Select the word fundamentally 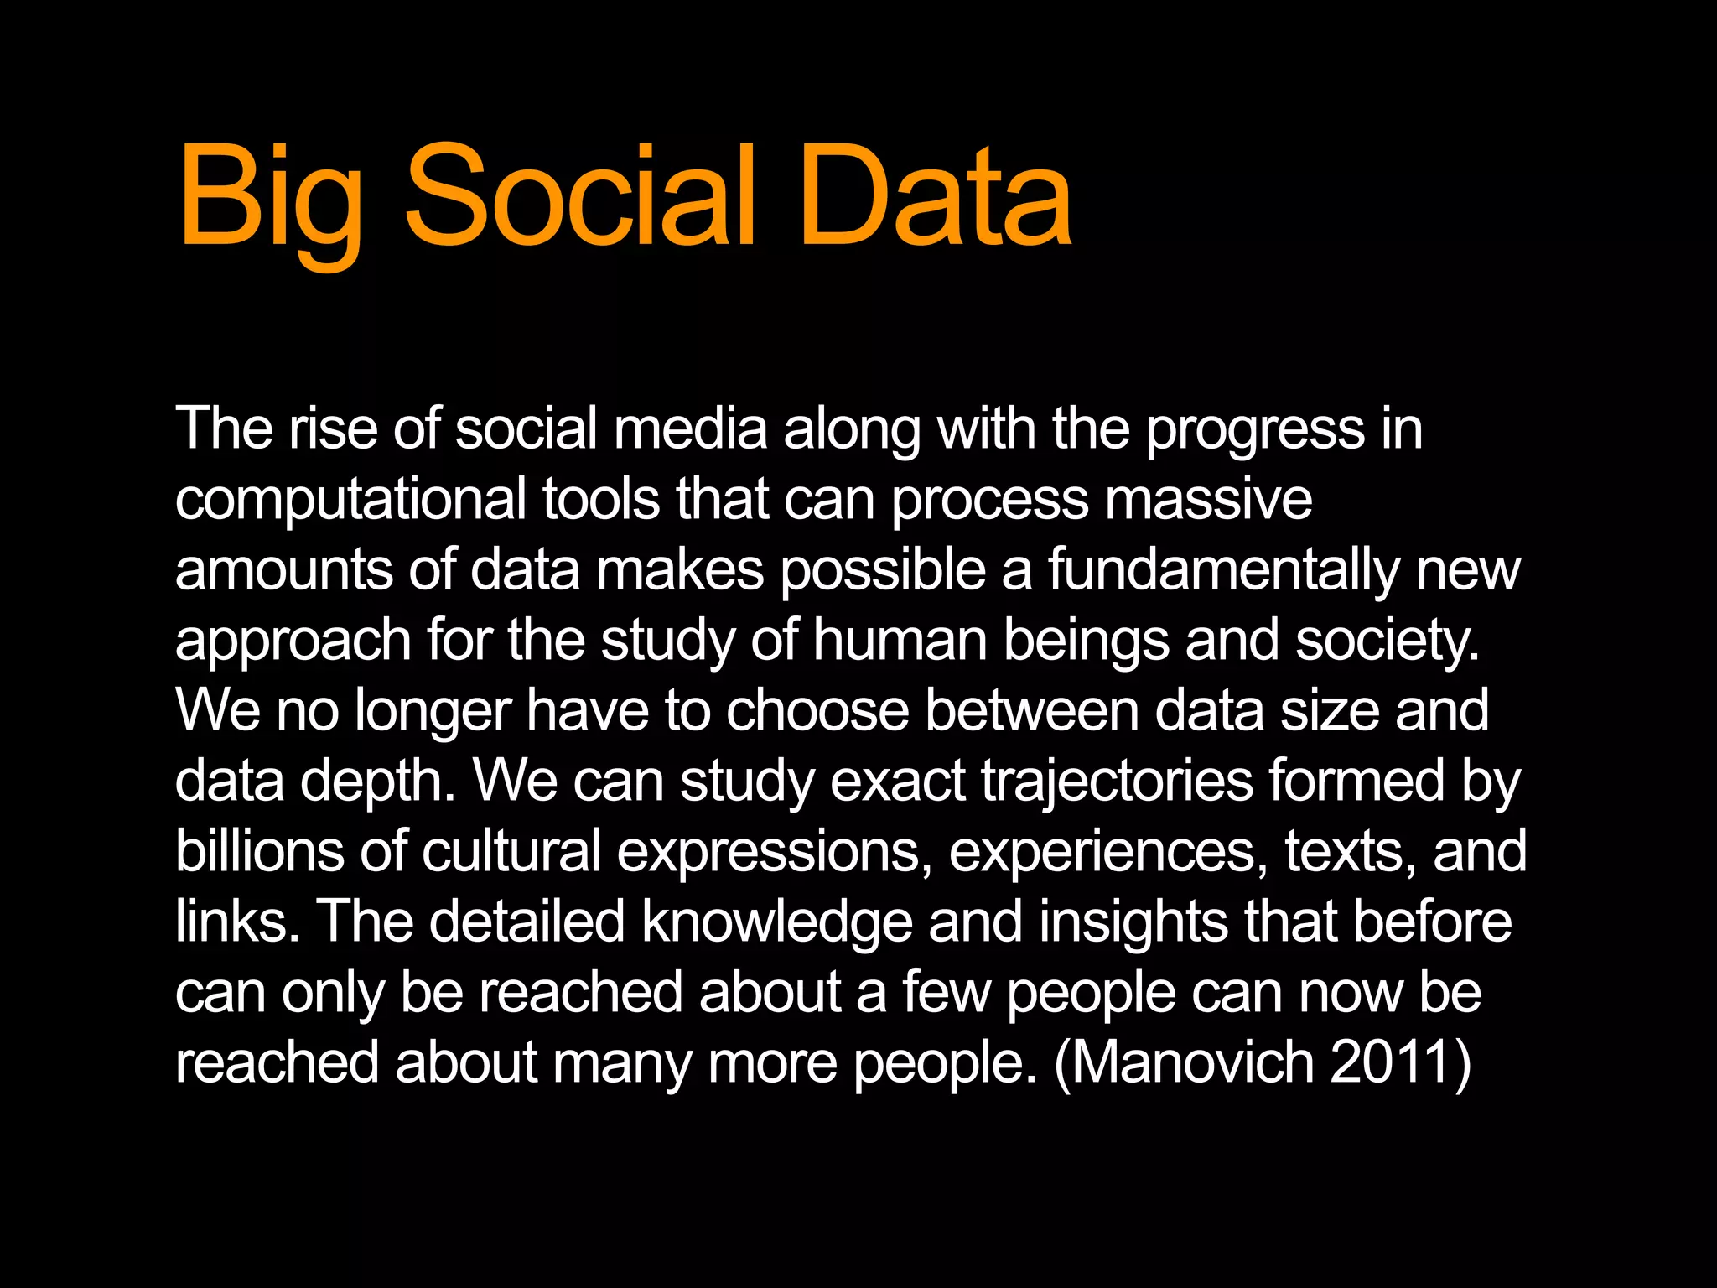(x=1224, y=571)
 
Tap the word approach (x=293, y=642)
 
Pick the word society (x=1388, y=642)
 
